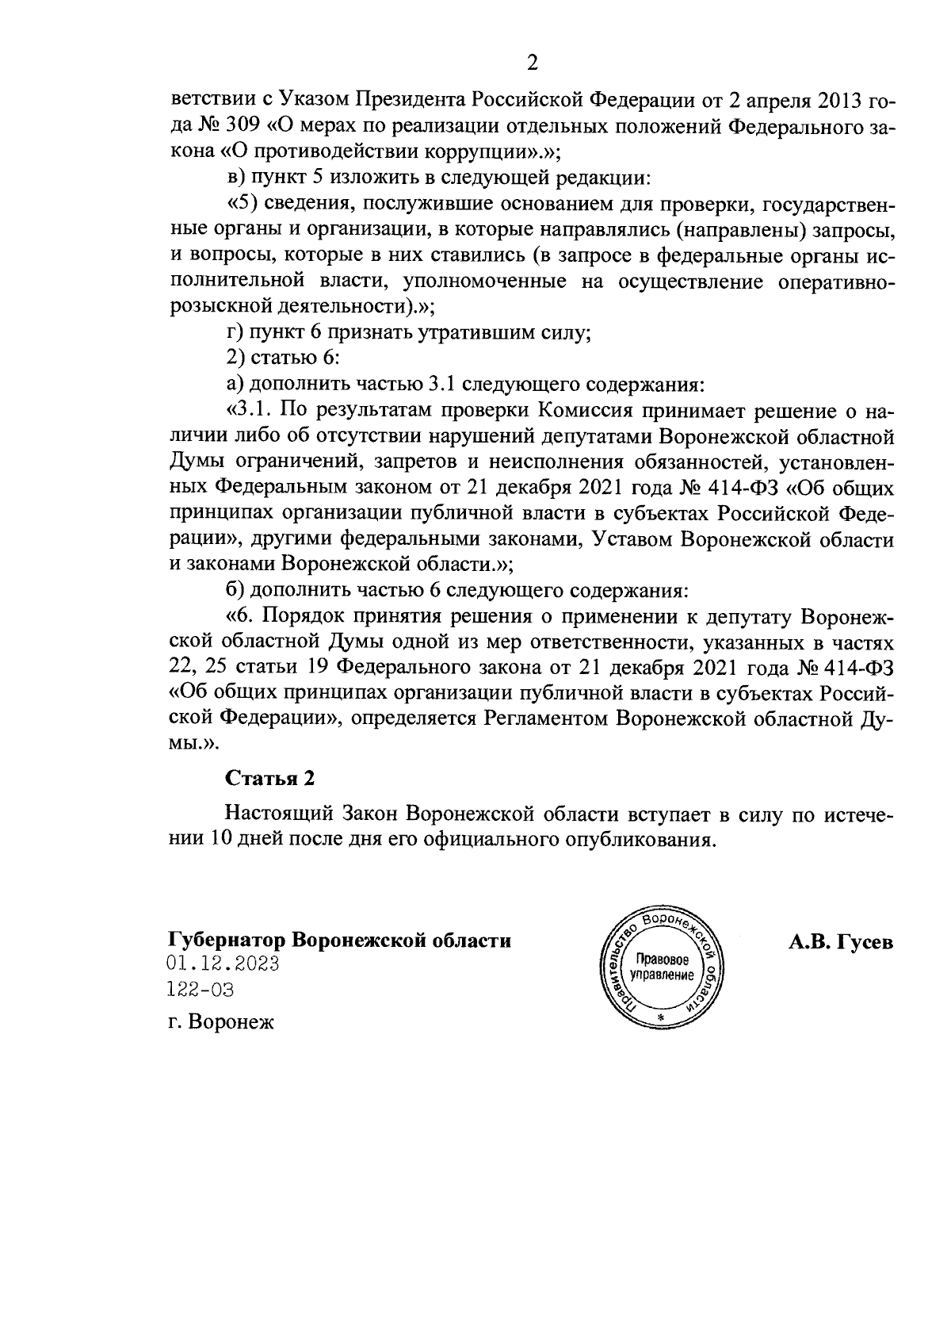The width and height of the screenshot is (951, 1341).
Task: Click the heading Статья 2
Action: tap(270, 778)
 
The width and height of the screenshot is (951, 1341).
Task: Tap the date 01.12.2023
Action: tap(223, 964)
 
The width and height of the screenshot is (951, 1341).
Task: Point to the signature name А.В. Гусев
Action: tap(840, 942)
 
